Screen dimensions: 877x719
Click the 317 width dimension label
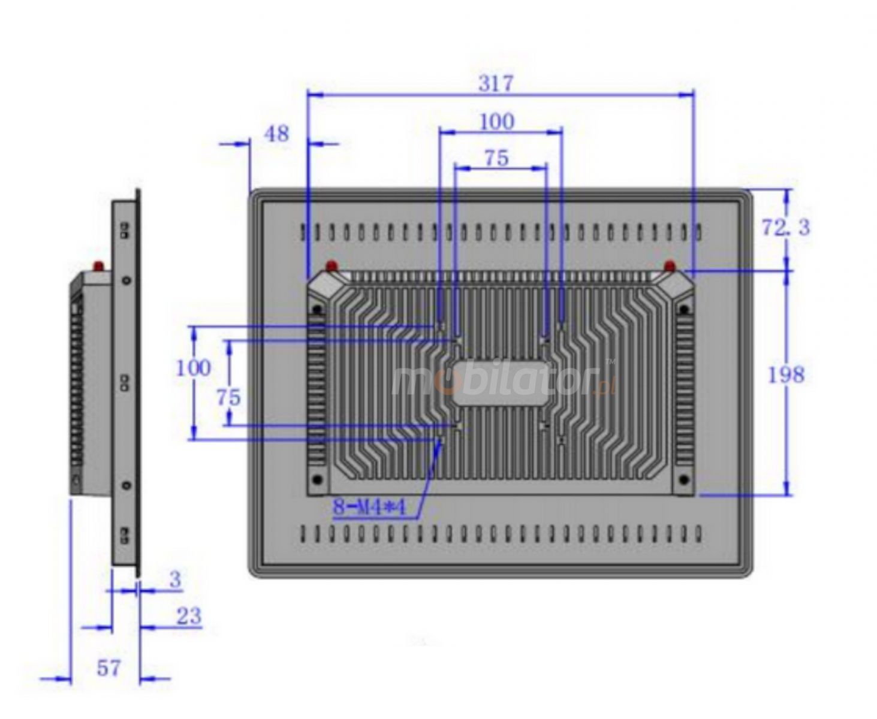(x=495, y=83)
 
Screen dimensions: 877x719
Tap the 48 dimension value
(x=276, y=134)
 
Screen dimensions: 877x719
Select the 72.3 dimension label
(x=785, y=227)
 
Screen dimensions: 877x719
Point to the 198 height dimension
(x=786, y=375)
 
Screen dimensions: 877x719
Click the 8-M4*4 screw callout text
(x=369, y=507)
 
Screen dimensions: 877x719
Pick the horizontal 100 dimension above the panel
(x=496, y=122)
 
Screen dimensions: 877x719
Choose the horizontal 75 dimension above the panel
(x=496, y=158)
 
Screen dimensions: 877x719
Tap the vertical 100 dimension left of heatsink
(x=193, y=368)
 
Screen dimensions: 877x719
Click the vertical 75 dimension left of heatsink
(x=228, y=397)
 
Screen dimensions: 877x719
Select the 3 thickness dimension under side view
(x=175, y=579)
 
